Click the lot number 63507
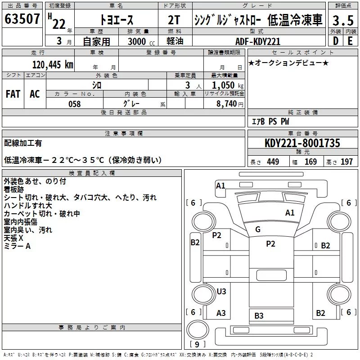pyautogui.click(x=22, y=19)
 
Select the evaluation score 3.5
pyautogui.click(x=343, y=20)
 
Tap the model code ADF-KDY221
pyautogui.click(x=258, y=41)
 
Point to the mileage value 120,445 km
pyautogui.click(x=53, y=65)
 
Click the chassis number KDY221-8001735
pyautogui.click(x=302, y=143)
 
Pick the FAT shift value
pyautogui.click(x=13, y=94)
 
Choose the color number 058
pyautogui.click(x=75, y=104)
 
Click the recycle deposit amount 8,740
pyautogui.click(x=226, y=103)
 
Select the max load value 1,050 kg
pyautogui.click(x=228, y=85)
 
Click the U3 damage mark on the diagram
pyautogui.click(x=221, y=291)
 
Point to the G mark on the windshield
pyautogui.click(x=257, y=229)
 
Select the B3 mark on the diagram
pyautogui.click(x=259, y=316)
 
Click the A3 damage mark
pyautogui.click(x=221, y=313)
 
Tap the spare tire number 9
pyautogui.click(x=197, y=344)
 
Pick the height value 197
pyautogui.click(x=346, y=162)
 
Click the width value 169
pyautogui.click(x=310, y=162)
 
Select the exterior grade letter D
pyautogui.click(x=336, y=41)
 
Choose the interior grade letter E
pyautogui.click(x=350, y=41)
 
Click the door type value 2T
pyautogui.click(x=174, y=20)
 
